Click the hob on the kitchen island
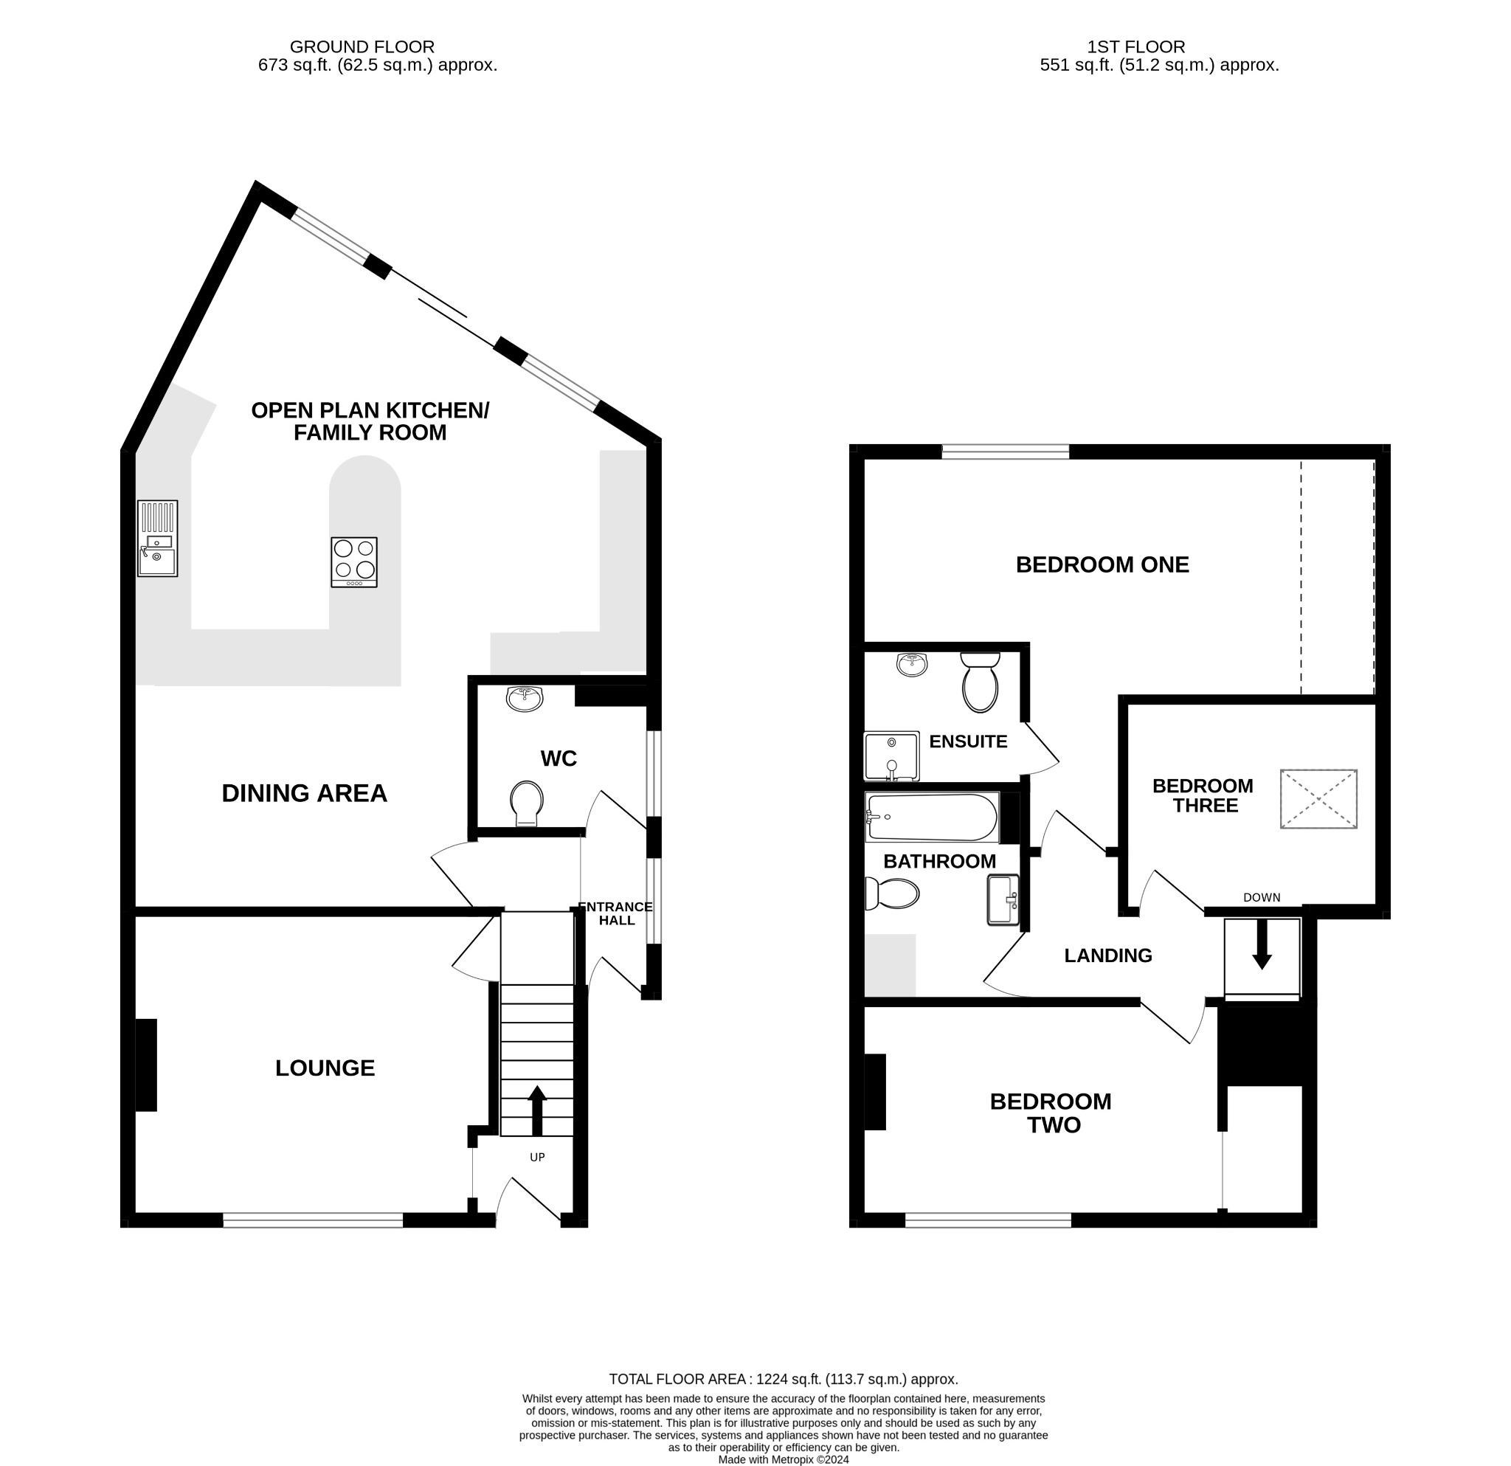tap(355, 562)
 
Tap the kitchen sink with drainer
tap(157, 538)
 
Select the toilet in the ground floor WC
tap(528, 803)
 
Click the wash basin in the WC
tap(525, 698)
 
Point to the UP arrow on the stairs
tap(537, 1110)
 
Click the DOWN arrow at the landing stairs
tap(1262, 944)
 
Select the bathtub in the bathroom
tap(933, 817)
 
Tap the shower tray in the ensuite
tap(892, 756)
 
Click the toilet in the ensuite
tap(981, 682)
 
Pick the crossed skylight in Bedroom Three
tap(1319, 798)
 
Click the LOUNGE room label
tap(325, 1068)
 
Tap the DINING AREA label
tap(305, 793)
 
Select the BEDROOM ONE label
tap(1102, 565)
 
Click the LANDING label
tap(1108, 955)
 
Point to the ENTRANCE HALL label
tap(616, 913)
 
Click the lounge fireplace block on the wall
tap(147, 1065)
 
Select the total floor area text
tap(784, 1379)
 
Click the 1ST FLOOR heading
tap(1136, 47)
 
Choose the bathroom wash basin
tap(1003, 900)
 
